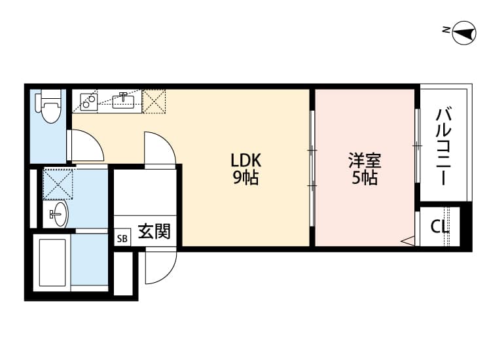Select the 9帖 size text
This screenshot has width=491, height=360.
245,177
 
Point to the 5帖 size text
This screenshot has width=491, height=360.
365,177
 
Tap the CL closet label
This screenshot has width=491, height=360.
440,226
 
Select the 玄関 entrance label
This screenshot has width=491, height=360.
155,232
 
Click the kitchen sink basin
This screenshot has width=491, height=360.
124,100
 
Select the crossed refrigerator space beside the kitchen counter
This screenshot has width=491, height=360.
155,100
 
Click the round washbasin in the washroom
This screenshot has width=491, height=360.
58,213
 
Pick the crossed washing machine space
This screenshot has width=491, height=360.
58,183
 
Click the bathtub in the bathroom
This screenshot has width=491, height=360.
52,262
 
